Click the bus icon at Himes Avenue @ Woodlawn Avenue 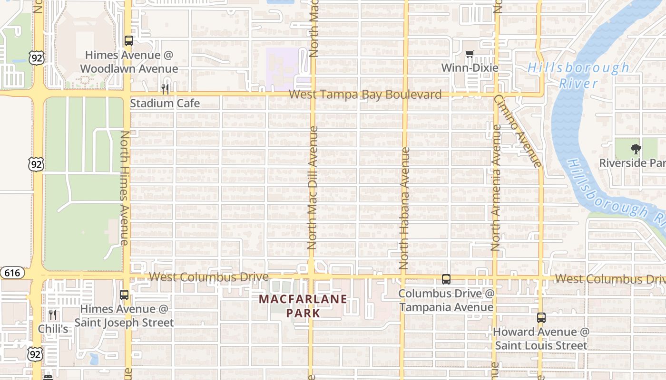pyautogui.click(x=129, y=41)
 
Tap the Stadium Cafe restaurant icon pyautogui.click(x=165, y=89)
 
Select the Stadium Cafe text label pyautogui.click(x=165, y=103)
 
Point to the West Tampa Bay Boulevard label pyautogui.click(x=365, y=95)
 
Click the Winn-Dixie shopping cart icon pyautogui.click(x=470, y=54)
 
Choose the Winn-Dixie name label pyautogui.click(x=470, y=68)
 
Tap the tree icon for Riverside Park pyautogui.click(x=636, y=149)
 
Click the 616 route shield pyautogui.click(x=12, y=273)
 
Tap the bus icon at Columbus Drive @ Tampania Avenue pyautogui.click(x=446, y=279)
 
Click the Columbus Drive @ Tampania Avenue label pyautogui.click(x=446, y=300)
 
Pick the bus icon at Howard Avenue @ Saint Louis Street pyautogui.click(x=541, y=318)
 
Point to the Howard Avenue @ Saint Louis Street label pyautogui.click(x=541, y=338)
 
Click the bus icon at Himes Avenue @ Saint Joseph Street pyautogui.click(x=124, y=295)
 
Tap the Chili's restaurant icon pyautogui.click(x=53, y=314)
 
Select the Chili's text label pyautogui.click(x=53, y=329)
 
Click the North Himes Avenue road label pyautogui.click(x=125, y=188)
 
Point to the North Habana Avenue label pyautogui.click(x=404, y=209)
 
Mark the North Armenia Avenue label pyautogui.click(x=496, y=188)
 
